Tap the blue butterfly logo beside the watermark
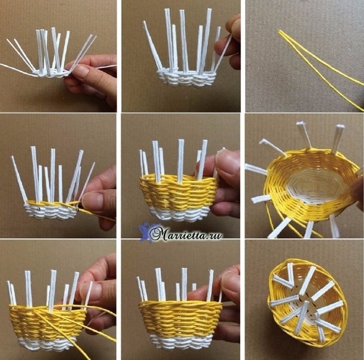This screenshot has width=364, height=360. pyautogui.click(x=144, y=232)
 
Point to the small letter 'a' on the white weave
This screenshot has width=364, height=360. pyautogui.click(x=39, y=209)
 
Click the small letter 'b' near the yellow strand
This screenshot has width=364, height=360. pyautogui.click(x=78, y=210)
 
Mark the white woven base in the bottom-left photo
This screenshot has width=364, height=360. pyautogui.click(x=43, y=343)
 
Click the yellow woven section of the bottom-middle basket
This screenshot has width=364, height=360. pyautogui.click(x=180, y=318)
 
